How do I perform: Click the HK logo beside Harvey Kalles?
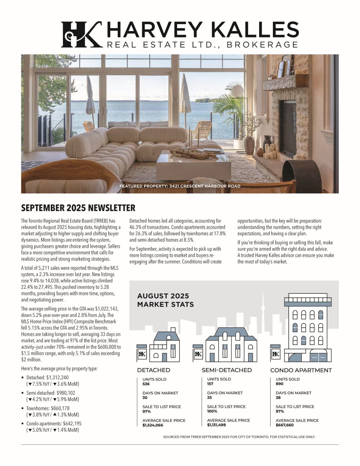[x=81, y=35]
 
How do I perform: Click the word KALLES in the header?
[x=256, y=30]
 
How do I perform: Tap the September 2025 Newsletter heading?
[x=78, y=208]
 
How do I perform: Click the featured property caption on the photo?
[x=180, y=186]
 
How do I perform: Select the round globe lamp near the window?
[x=237, y=90]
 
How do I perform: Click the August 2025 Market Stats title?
[x=165, y=300]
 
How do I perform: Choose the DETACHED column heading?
[x=153, y=370]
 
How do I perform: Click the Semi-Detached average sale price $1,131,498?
[x=216, y=425]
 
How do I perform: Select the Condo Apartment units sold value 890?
[x=280, y=384]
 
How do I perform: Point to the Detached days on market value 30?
[x=145, y=398]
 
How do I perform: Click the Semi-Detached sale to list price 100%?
[x=212, y=411]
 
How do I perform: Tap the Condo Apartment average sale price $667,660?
[x=284, y=425]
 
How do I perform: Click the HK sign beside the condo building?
[x=276, y=354]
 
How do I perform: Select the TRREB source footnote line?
[x=239, y=437]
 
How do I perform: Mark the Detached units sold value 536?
[x=146, y=384]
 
